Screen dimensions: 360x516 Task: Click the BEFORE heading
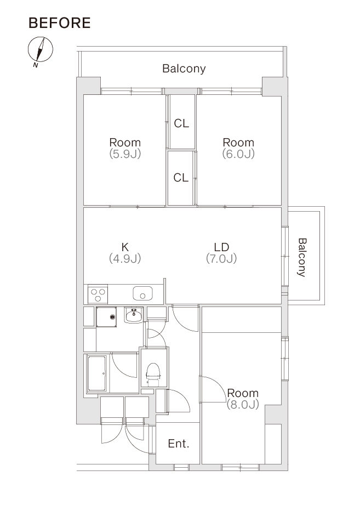(60, 22)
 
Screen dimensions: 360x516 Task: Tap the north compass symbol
(40, 50)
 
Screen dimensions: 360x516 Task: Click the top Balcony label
(184, 69)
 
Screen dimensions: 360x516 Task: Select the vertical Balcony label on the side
(302, 257)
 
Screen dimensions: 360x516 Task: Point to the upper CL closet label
(181, 123)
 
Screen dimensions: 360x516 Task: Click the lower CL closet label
(181, 178)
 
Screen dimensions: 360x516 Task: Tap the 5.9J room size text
(125, 154)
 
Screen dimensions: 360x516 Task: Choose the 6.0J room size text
(238, 154)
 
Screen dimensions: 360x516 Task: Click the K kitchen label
(125, 247)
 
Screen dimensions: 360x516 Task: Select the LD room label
(221, 247)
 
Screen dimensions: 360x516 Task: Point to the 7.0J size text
(221, 258)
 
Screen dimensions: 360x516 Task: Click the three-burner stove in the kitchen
(98, 294)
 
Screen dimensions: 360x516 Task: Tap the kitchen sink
(142, 293)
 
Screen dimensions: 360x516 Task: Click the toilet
(153, 374)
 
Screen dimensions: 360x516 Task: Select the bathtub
(96, 373)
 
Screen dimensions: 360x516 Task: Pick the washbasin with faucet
(134, 315)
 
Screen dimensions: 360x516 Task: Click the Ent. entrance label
(179, 444)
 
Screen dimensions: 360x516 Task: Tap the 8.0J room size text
(243, 405)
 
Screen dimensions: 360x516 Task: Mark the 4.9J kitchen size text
(125, 258)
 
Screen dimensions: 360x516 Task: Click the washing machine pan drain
(113, 317)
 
